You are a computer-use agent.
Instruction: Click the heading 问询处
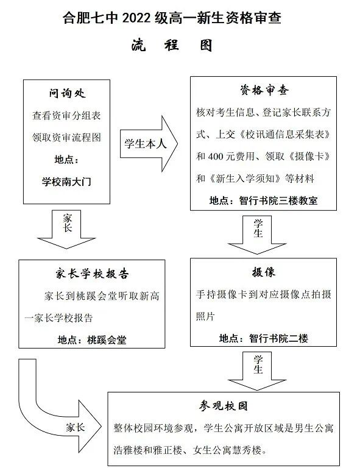click(x=67, y=94)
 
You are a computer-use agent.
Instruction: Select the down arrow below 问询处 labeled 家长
click(x=68, y=228)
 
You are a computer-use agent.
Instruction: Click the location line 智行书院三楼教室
click(x=263, y=200)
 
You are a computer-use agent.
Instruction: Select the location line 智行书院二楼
click(x=263, y=338)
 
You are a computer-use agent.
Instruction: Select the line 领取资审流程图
click(x=67, y=137)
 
